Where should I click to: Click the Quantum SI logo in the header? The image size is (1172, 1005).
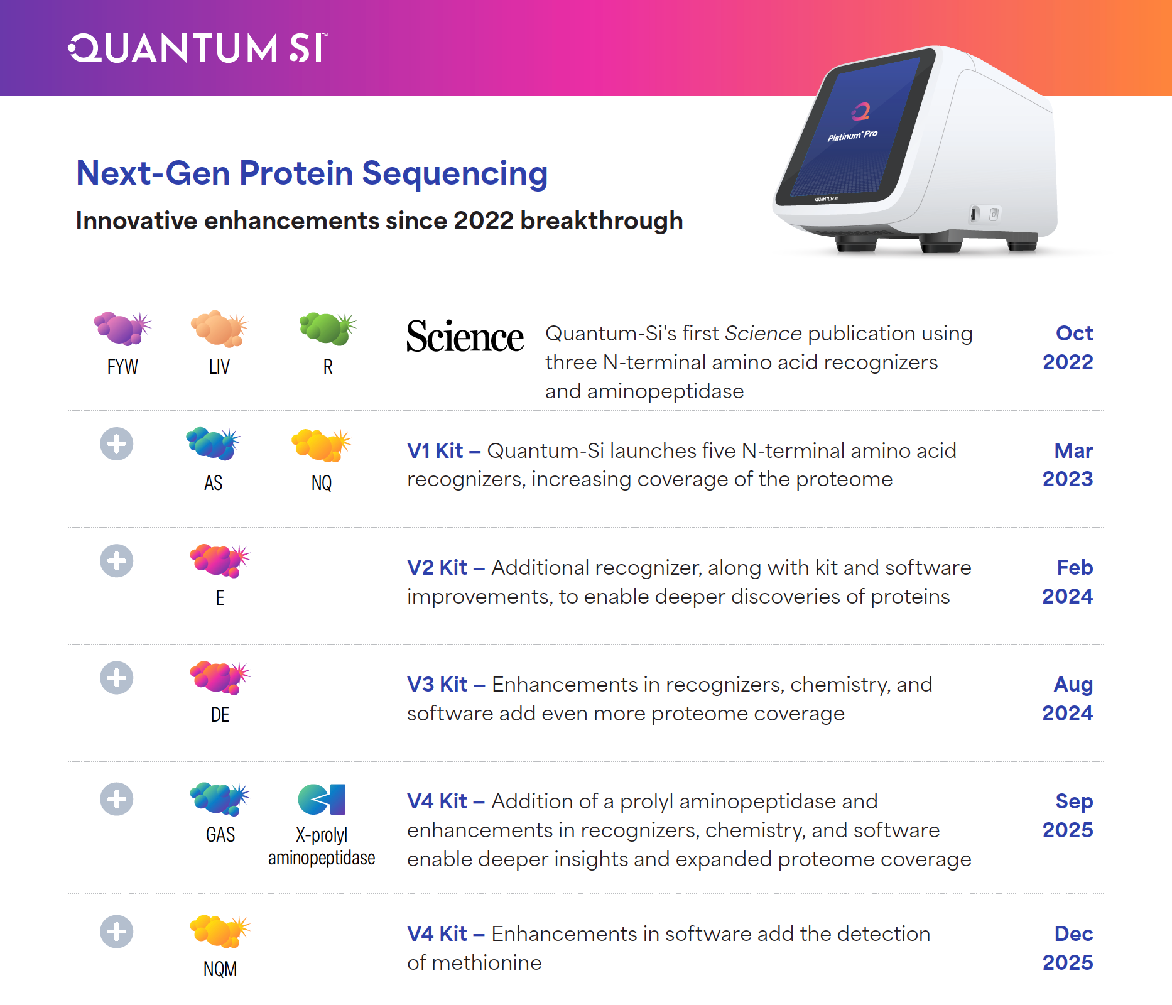click(x=198, y=48)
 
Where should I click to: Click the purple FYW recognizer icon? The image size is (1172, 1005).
click(x=122, y=329)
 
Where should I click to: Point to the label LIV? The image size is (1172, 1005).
click(x=219, y=367)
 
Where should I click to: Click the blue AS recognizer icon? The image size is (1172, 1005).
click(x=214, y=443)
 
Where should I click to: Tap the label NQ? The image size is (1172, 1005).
click(x=322, y=483)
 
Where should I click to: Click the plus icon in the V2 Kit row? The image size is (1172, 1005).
click(x=117, y=561)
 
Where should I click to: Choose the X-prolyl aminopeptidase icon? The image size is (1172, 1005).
click(x=322, y=800)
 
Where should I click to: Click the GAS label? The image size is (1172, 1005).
click(x=220, y=835)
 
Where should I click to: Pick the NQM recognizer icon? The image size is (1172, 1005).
click(x=220, y=931)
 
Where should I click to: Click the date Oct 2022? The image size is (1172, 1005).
click(x=1068, y=347)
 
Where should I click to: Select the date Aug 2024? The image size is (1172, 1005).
click(x=1068, y=698)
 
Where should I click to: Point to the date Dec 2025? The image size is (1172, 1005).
click(x=1068, y=948)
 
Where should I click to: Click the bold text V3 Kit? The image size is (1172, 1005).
click(x=437, y=685)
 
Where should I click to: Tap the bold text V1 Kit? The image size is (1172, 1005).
click(x=435, y=451)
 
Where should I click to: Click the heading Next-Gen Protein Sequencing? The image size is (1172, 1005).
click(x=312, y=173)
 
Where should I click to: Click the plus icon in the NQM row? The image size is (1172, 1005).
click(x=117, y=932)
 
